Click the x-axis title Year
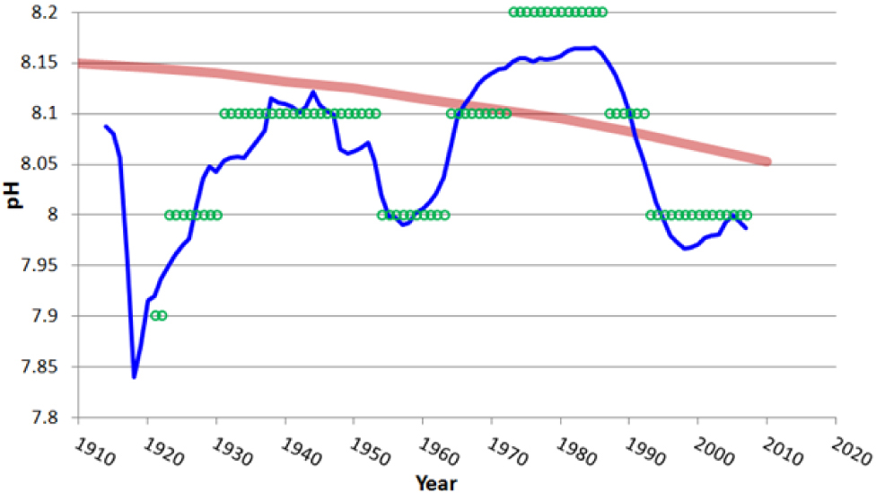(x=436, y=482)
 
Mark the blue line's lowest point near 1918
(x=134, y=376)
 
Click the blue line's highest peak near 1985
(x=595, y=48)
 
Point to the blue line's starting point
(x=105, y=127)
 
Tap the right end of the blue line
(x=746, y=228)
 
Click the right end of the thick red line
(x=767, y=162)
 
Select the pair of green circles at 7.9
(x=159, y=315)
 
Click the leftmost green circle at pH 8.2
(x=513, y=12)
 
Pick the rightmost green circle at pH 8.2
(x=602, y=12)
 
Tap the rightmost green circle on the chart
(x=747, y=215)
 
